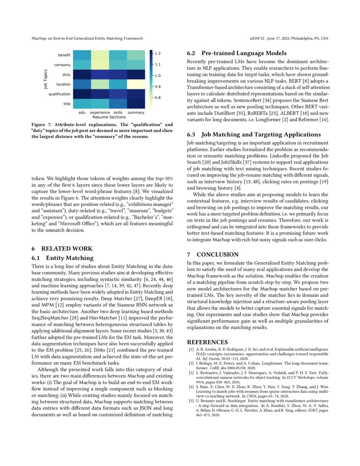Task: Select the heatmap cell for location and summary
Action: pyautogui.click(x=136, y=84)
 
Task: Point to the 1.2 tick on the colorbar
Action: pyautogui.click(x=158, y=53)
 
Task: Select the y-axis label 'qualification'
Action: pyautogui.click(x=60, y=94)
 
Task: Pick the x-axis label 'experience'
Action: pyautogui.click(x=100, y=113)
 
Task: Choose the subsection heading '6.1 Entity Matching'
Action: pyautogui.click(x=63, y=258)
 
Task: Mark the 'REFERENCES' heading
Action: pyautogui.click(x=208, y=342)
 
